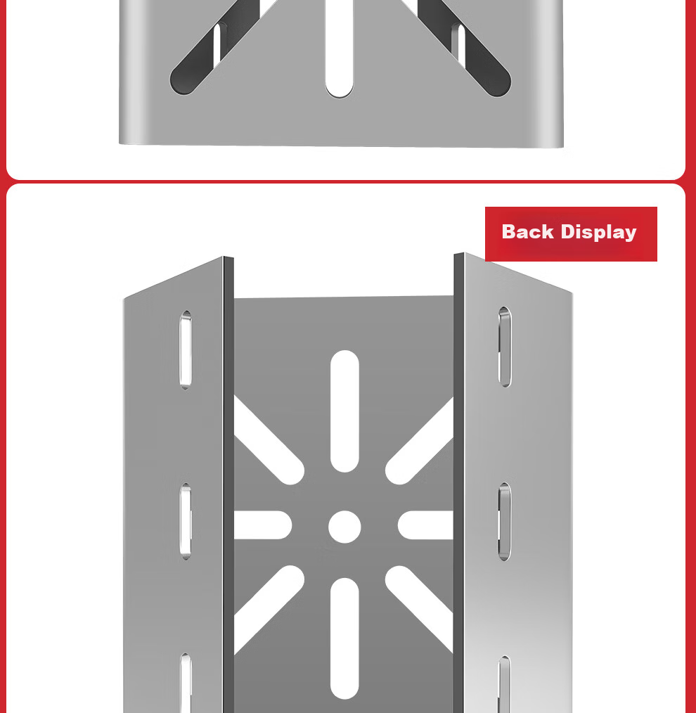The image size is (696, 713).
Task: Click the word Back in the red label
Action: (528, 231)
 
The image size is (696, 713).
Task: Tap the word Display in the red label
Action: (599, 233)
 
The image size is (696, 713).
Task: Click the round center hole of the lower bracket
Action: (344, 527)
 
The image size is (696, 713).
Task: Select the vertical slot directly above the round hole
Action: (344, 411)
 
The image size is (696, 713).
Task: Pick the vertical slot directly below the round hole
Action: (344, 638)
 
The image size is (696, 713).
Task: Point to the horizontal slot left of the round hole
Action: (263, 525)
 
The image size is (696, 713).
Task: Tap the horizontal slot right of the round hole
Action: (425, 525)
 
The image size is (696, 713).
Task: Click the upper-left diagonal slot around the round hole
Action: (269, 440)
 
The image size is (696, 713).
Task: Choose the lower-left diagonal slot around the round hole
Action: (269, 610)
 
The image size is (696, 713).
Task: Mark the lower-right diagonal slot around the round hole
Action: (419, 610)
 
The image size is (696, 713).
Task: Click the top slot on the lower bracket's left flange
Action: (186, 349)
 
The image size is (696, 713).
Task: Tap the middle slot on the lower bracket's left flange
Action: (186, 521)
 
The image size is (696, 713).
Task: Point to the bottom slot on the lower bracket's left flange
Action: (186, 683)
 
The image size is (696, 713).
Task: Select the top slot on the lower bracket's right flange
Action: (505, 347)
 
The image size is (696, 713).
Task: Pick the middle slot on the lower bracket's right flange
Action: (505, 522)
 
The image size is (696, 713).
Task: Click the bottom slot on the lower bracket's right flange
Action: (505, 684)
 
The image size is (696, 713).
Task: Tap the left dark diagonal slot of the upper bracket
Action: (214, 48)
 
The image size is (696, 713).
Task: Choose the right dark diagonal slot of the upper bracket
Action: (464, 48)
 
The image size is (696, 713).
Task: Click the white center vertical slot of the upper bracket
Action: (339, 49)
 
